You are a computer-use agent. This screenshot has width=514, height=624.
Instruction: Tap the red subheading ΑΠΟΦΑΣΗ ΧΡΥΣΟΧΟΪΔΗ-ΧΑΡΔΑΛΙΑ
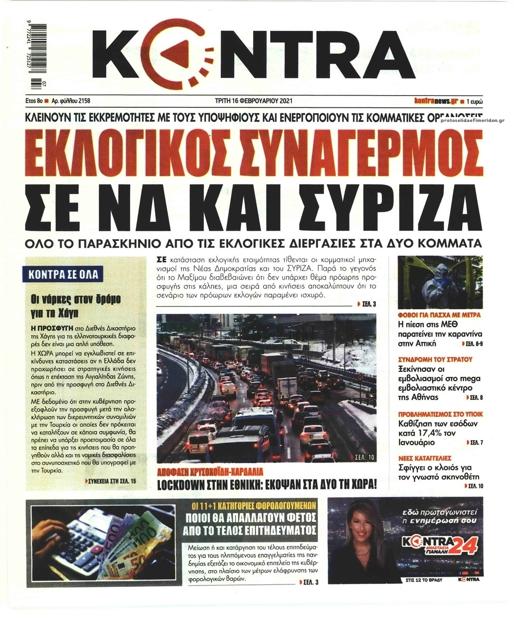click(x=211, y=472)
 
